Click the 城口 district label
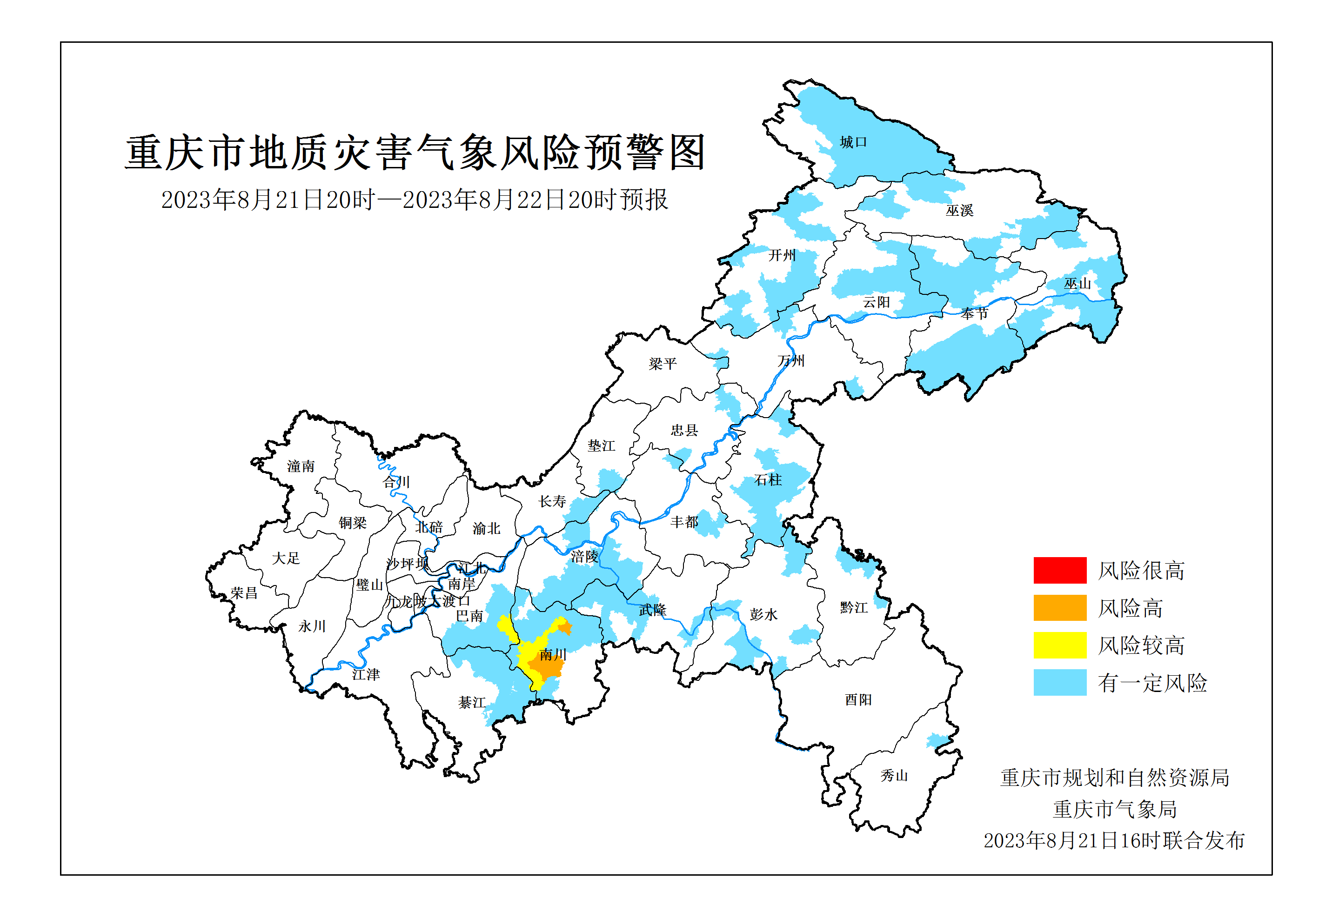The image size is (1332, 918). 853,142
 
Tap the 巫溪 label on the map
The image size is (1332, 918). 959,211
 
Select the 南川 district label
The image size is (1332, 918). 552,655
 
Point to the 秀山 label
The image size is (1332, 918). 894,776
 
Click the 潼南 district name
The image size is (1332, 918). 301,466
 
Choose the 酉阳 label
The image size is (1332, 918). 858,700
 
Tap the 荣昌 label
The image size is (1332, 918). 244,593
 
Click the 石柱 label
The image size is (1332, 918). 768,480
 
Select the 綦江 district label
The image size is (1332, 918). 472,702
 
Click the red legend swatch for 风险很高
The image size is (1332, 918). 1059,570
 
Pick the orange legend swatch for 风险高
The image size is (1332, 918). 1059,607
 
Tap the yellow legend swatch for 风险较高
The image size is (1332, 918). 1059,645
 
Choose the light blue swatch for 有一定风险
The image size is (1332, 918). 1059,682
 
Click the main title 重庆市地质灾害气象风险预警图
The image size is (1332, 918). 415,153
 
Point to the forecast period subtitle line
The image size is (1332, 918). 414,200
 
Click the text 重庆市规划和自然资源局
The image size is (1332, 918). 1115,778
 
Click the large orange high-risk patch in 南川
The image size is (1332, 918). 546,668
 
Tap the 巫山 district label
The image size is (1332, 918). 1077,284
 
